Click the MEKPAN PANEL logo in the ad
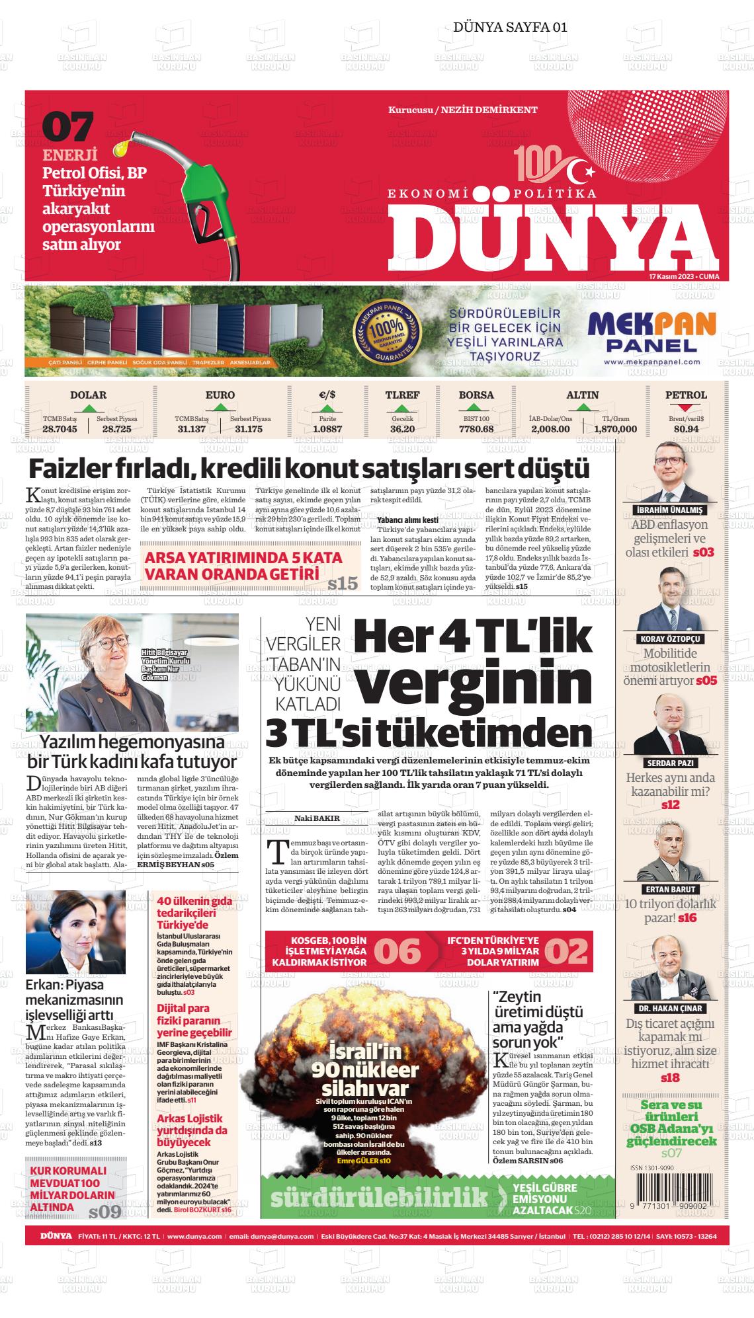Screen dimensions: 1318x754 [651, 331]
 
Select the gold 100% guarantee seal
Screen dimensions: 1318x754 [386, 330]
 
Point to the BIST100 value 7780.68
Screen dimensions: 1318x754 [476, 429]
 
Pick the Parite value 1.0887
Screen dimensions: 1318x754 [327, 429]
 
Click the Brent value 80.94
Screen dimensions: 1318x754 [686, 429]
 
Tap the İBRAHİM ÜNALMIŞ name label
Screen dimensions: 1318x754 [669, 510]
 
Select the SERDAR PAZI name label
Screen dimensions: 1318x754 [669, 763]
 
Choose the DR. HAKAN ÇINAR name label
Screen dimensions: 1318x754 [669, 1009]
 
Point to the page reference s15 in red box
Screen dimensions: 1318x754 [342, 583]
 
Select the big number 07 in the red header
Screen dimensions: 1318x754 [68, 127]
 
